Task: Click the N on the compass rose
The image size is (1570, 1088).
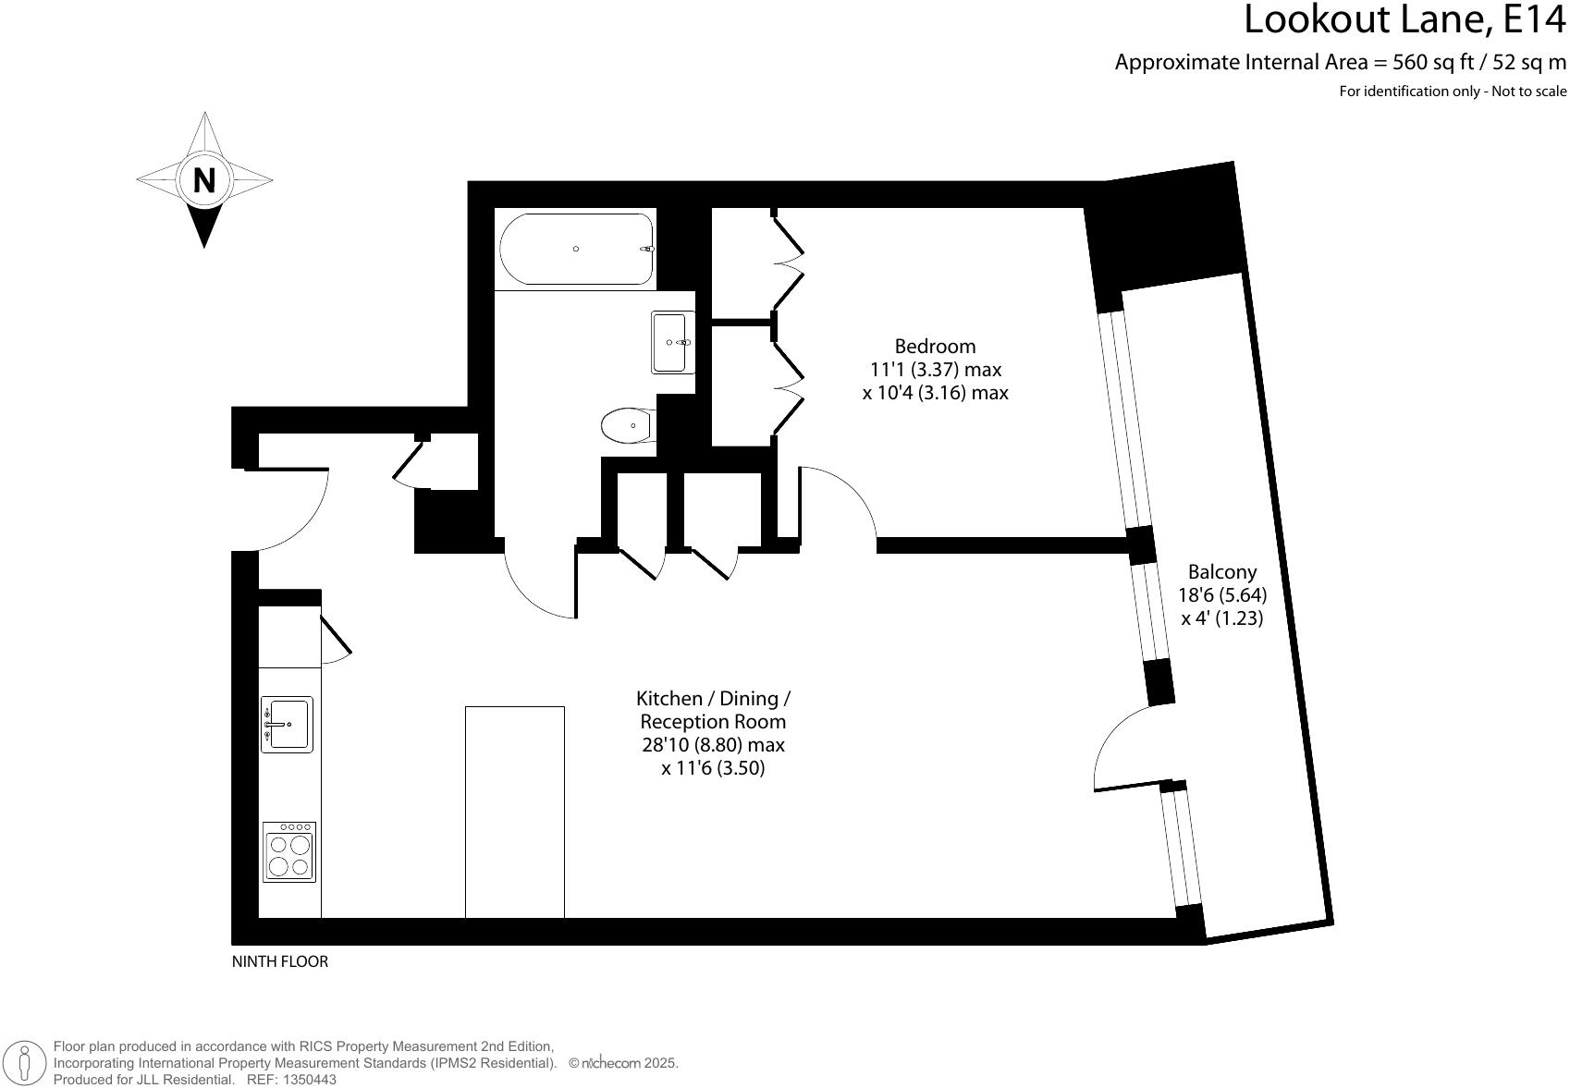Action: click(x=204, y=180)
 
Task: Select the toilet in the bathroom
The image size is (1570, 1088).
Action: click(x=628, y=426)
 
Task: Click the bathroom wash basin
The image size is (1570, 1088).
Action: click(x=672, y=342)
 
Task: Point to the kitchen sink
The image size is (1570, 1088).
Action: click(x=287, y=724)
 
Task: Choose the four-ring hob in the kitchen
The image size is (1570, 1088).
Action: click(x=288, y=851)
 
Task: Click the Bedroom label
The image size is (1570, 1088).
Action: click(x=935, y=347)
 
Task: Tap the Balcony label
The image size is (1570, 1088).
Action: click(x=1222, y=572)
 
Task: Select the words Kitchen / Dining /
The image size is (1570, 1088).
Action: click(x=713, y=699)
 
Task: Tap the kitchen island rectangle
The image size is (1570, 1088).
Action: click(x=514, y=812)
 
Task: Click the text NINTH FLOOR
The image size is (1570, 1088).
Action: click(x=279, y=961)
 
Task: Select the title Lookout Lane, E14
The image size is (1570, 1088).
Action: click(x=1404, y=20)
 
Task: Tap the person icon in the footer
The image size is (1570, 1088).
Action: click(x=29, y=1063)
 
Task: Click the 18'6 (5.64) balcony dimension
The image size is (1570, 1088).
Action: click(x=1222, y=595)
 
